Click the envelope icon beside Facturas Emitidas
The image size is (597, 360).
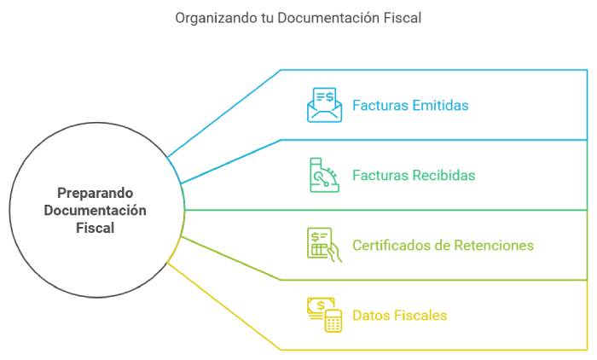324,106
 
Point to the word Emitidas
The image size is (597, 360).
440,106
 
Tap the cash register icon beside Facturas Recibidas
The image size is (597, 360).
324,175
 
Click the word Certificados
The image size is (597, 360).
391,246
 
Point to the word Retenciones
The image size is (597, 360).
493,246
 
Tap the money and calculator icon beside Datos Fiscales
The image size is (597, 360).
324,315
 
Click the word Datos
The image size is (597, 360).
372,316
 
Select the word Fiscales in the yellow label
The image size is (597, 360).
421,316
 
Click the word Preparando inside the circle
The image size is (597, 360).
96,193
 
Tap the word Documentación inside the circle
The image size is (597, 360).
96,211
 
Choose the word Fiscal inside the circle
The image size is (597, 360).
96,229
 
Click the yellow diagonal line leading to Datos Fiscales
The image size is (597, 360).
223,307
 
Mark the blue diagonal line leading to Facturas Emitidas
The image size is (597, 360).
223,113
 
